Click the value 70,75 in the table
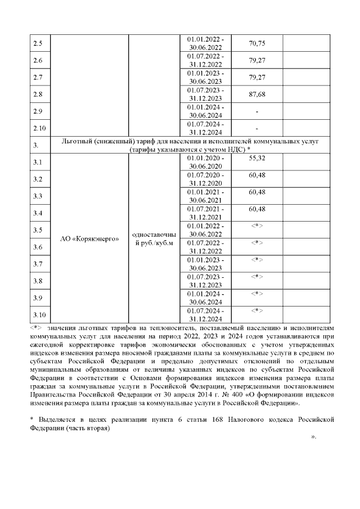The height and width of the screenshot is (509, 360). [x=256, y=43]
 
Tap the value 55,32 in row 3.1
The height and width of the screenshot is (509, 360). [x=256, y=159]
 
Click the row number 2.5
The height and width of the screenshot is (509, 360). [x=38, y=44]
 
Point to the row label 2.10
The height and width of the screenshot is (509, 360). [x=40, y=129]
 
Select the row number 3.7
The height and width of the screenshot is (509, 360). [x=38, y=264]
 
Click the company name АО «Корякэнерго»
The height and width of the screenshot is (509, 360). [x=89, y=238]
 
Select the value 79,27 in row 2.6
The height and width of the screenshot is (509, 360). [x=256, y=60]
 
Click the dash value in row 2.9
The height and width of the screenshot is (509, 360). [x=256, y=112]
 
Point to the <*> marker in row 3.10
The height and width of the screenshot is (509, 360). [x=257, y=310]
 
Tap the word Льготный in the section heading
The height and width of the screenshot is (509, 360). [x=83, y=142]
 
